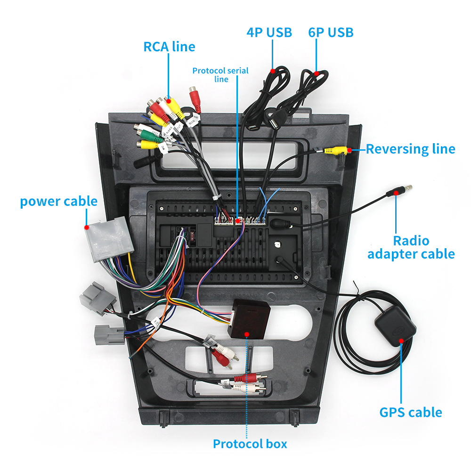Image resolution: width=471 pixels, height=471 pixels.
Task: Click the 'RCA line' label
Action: point(169,46)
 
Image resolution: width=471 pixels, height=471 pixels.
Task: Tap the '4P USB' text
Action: point(269,32)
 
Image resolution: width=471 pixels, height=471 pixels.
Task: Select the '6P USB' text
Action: point(331,32)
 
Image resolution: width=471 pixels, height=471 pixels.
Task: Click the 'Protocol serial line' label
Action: point(220,75)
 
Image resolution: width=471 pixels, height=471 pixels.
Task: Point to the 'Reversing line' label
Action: point(410,149)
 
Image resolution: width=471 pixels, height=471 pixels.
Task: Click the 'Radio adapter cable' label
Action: point(411,248)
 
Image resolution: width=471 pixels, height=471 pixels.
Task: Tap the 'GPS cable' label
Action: point(411,413)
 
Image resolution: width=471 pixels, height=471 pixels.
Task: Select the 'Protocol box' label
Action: point(250,444)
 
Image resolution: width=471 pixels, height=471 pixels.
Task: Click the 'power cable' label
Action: point(58,202)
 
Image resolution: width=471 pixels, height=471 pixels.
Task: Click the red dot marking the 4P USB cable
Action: point(273,71)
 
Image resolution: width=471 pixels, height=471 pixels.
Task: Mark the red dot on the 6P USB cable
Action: point(317,73)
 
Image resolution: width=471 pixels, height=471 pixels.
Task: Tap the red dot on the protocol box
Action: point(247,333)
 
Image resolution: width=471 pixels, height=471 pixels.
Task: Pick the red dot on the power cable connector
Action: point(87,227)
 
